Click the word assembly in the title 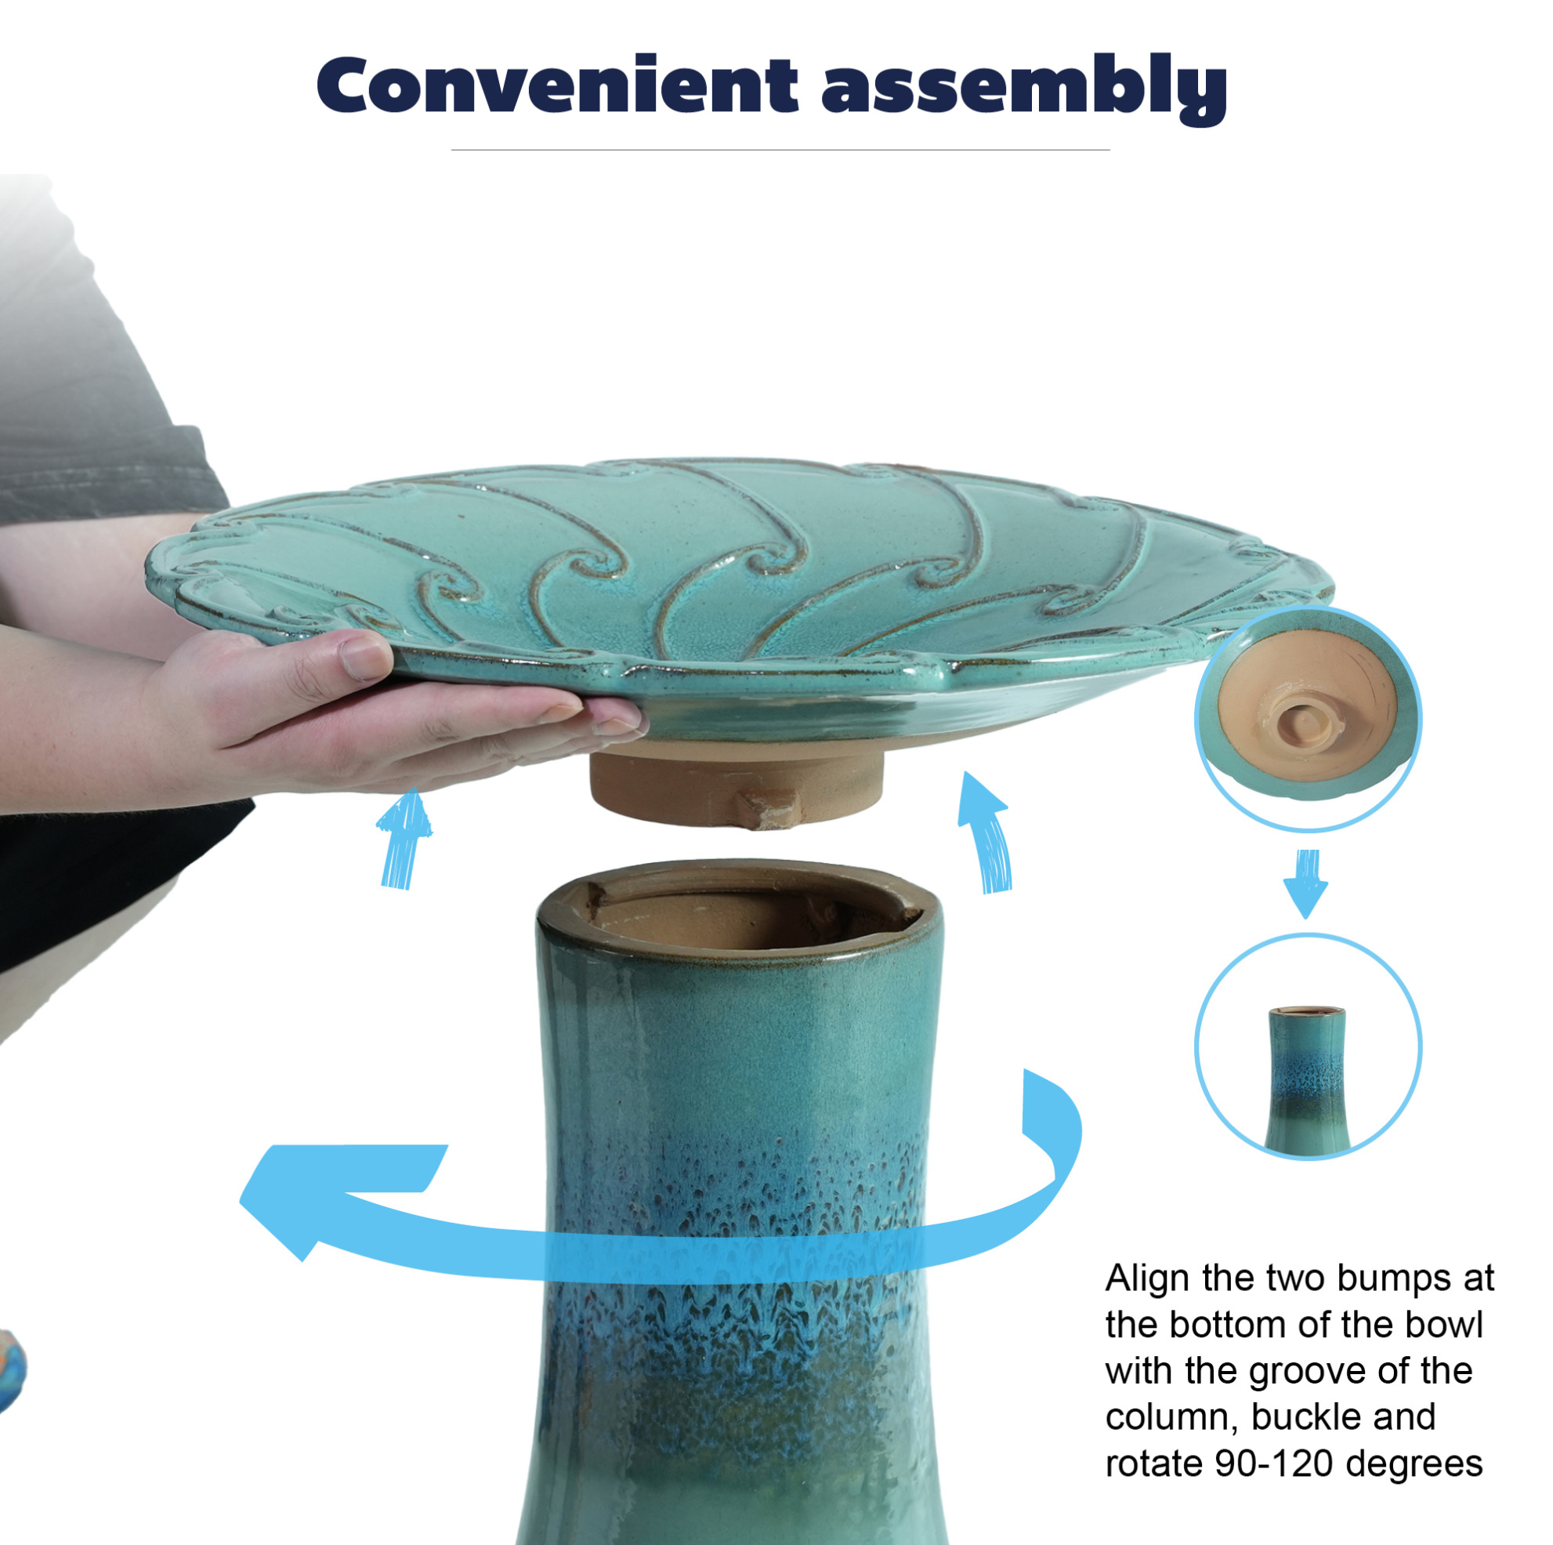(1025, 89)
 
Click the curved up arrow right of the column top (986, 832)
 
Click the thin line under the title (780, 150)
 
